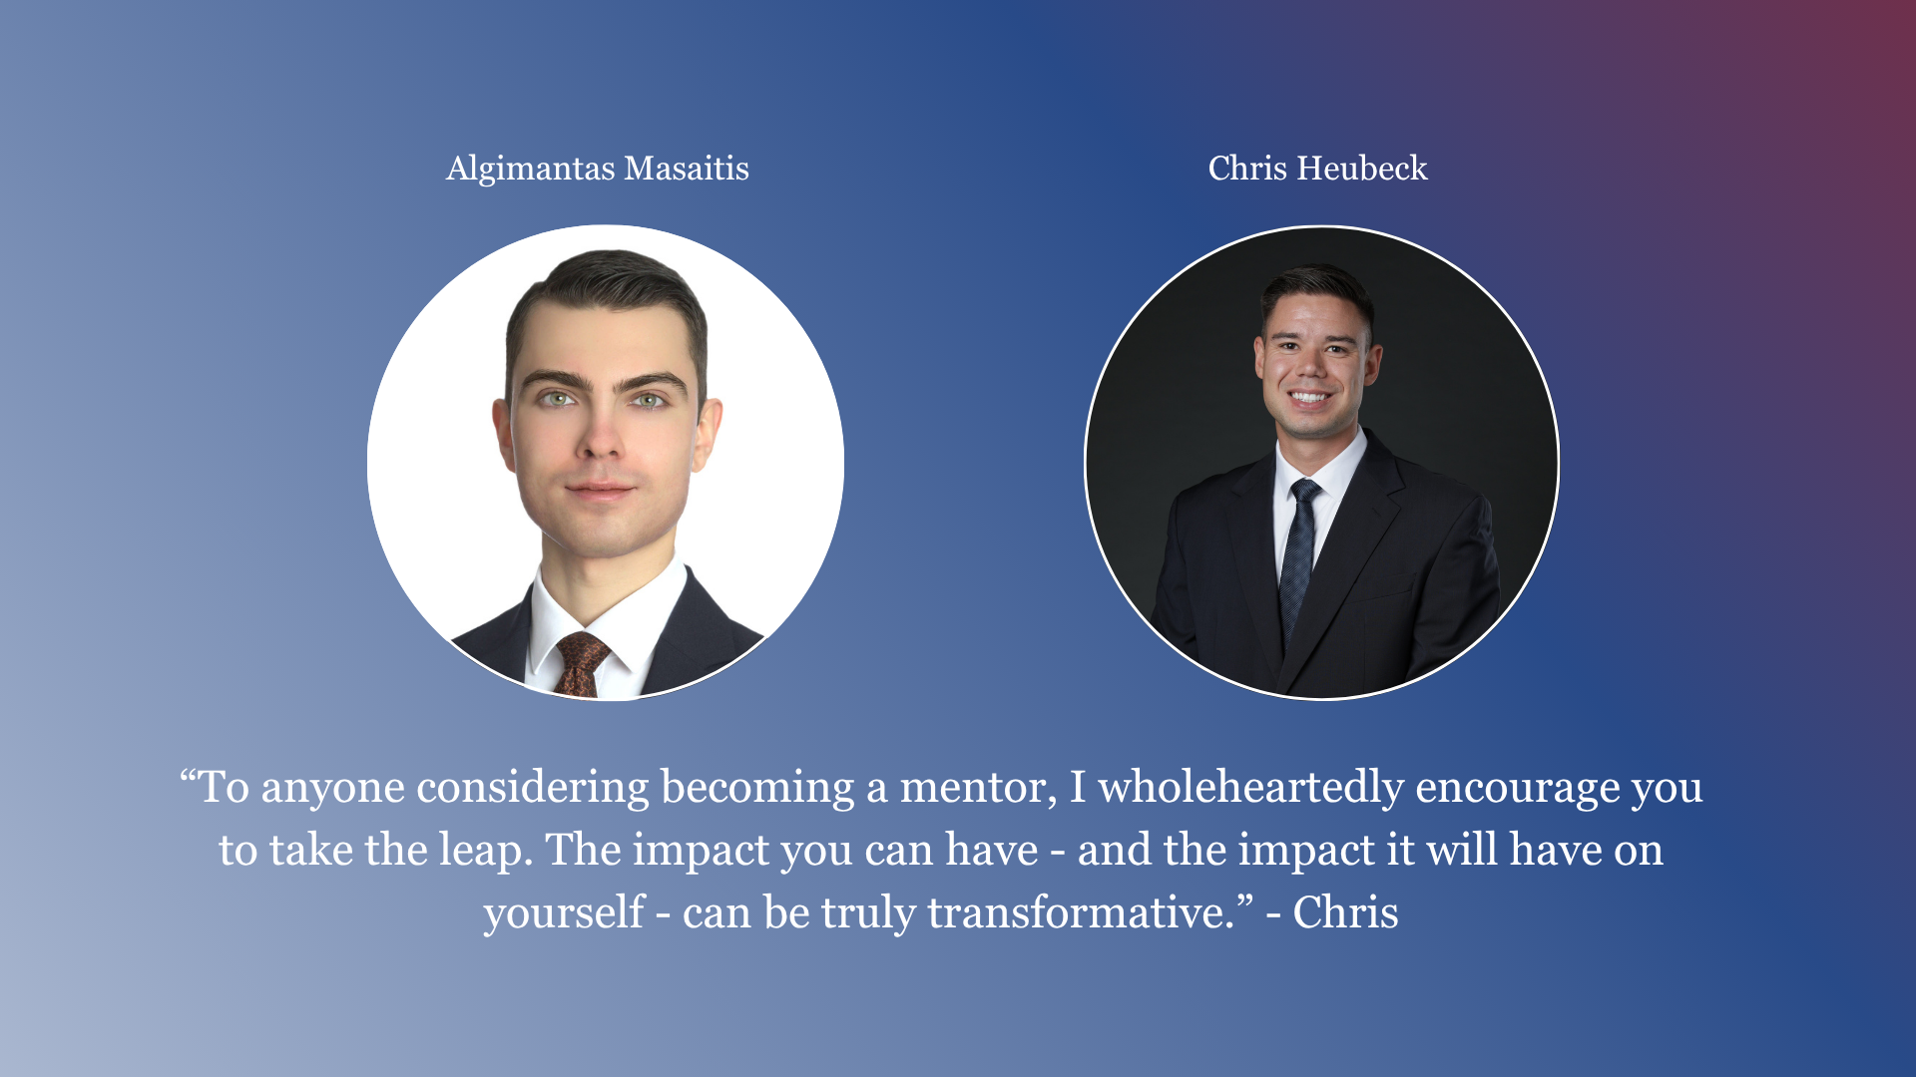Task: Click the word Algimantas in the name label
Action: click(x=530, y=170)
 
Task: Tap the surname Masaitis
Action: click(x=687, y=169)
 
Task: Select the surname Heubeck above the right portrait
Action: click(x=1362, y=168)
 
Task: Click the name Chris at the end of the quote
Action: click(x=1345, y=912)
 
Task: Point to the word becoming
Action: click(x=757, y=789)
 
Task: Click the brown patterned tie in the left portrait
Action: click(x=582, y=663)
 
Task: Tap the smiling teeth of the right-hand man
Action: click(x=1309, y=397)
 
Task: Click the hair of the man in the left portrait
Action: click(x=609, y=289)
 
